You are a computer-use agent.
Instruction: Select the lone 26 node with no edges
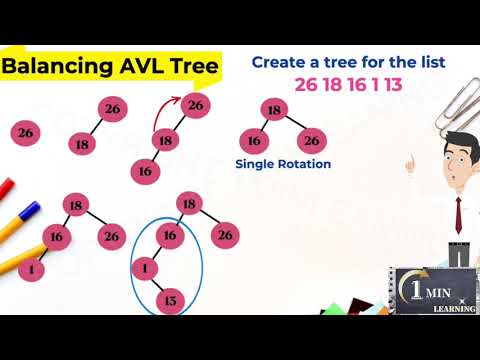pyautogui.click(x=27, y=132)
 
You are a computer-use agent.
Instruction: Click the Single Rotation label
pyautogui.click(x=283, y=164)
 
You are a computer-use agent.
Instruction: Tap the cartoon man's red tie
pyautogui.click(x=457, y=211)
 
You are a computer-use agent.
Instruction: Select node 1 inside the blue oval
pyautogui.click(x=146, y=268)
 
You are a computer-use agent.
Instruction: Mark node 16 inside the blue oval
pyautogui.click(x=170, y=236)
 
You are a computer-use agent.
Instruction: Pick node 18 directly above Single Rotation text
pyautogui.click(x=272, y=110)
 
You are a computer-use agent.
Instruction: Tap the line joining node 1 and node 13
pyautogui.click(x=159, y=284)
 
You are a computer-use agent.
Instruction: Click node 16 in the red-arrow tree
pyautogui.click(x=145, y=171)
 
